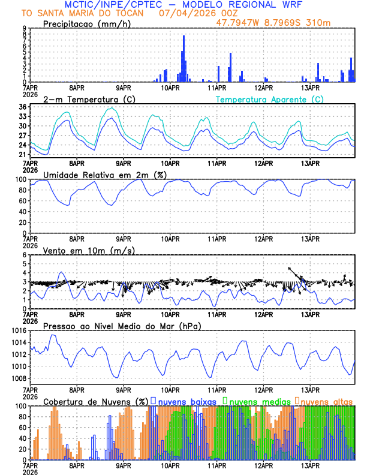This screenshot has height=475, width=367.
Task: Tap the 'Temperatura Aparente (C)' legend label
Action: pos(268,99)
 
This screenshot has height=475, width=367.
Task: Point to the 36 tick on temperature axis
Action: pos(23,107)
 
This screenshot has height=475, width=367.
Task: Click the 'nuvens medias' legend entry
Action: pos(258,401)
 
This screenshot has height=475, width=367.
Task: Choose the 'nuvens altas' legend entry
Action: pos(326,401)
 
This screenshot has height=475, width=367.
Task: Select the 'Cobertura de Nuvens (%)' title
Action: pos(95,401)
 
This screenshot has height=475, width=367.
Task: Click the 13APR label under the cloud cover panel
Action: pos(309,465)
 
